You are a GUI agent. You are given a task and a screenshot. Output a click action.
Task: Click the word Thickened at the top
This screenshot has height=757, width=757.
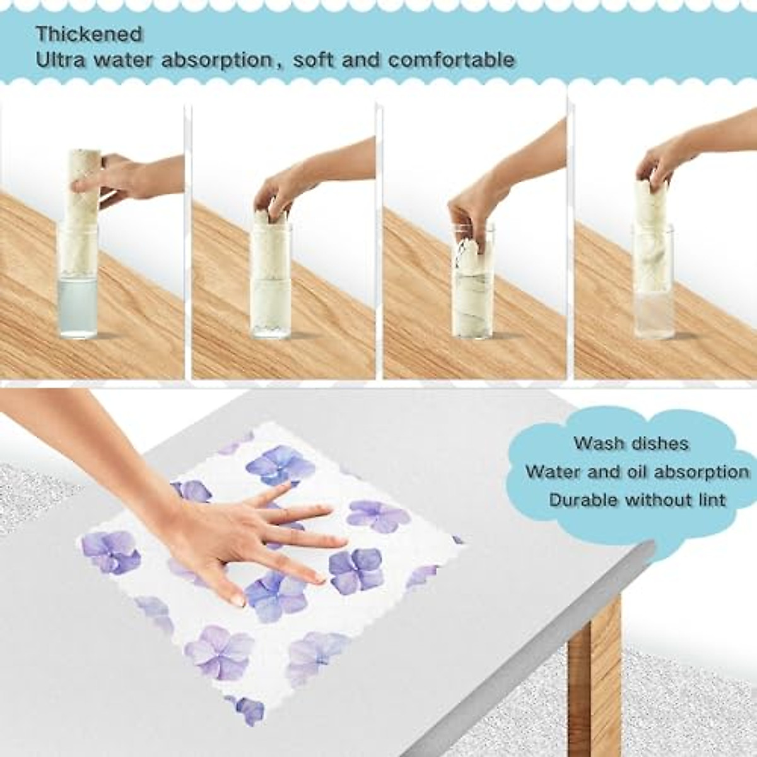89,33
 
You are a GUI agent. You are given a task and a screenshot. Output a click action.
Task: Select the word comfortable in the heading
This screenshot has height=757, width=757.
452,61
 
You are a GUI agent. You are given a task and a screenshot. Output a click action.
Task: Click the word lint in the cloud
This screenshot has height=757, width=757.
711,500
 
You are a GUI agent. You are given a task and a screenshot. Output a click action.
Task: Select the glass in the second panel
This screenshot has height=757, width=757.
271,296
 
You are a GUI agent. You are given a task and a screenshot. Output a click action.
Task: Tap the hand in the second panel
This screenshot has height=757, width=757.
278,189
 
